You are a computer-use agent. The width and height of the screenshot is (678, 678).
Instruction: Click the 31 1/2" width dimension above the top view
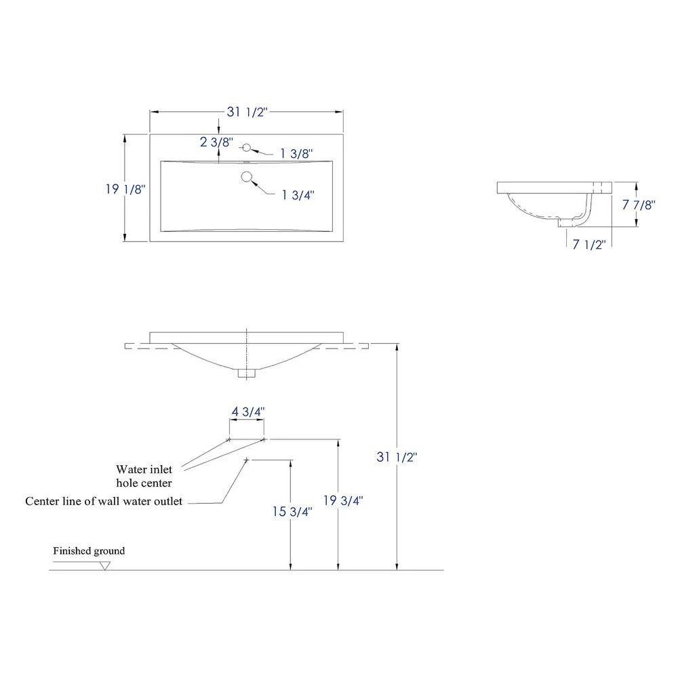(x=247, y=113)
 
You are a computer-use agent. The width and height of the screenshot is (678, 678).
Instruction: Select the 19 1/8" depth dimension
(x=124, y=190)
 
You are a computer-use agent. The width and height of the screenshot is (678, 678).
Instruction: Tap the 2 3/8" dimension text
(x=216, y=142)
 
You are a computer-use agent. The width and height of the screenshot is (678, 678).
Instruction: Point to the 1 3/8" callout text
(x=296, y=154)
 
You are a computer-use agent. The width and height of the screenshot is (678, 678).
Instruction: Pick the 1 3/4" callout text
(x=298, y=195)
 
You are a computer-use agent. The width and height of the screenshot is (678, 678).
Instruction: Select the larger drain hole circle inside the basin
(x=247, y=178)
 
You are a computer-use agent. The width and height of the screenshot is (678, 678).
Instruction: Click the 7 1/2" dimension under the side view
(x=589, y=245)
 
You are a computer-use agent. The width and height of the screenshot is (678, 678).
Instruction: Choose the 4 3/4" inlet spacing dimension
(x=247, y=411)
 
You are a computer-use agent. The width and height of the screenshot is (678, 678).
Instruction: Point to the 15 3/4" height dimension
(x=292, y=512)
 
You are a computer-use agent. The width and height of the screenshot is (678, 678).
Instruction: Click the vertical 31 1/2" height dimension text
(x=396, y=457)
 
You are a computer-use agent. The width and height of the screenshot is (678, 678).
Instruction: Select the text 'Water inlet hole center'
(x=144, y=476)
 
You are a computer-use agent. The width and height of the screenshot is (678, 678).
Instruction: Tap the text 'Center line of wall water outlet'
(x=104, y=502)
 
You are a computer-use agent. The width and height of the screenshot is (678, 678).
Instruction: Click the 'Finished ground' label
(x=89, y=551)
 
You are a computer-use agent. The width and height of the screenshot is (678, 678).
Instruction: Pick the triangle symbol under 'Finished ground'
(x=104, y=565)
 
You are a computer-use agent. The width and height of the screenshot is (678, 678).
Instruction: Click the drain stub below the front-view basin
(x=247, y=372)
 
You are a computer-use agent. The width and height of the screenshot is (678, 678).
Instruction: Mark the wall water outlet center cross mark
(x=247, y=460)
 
